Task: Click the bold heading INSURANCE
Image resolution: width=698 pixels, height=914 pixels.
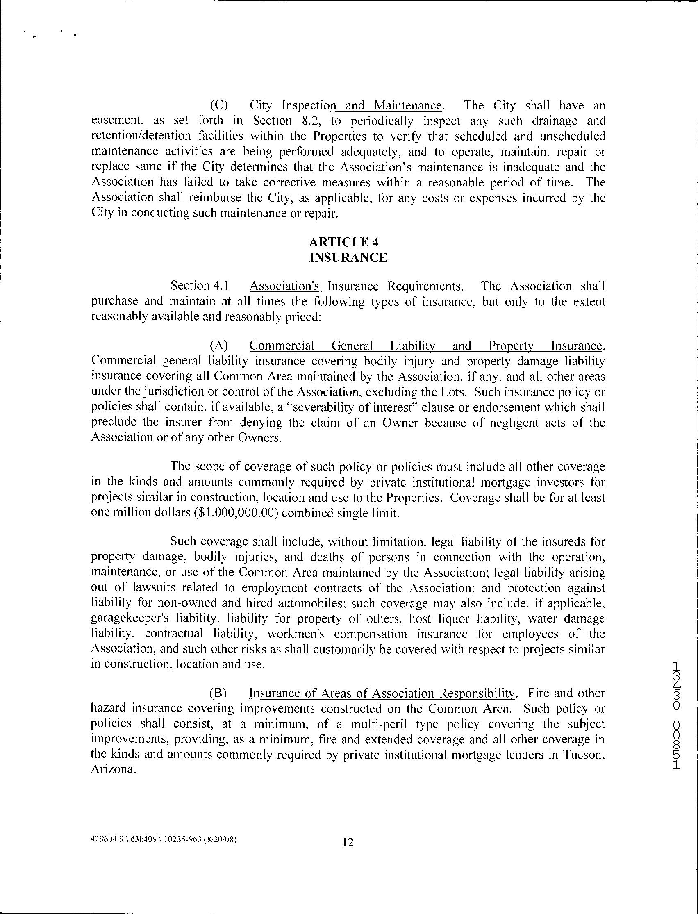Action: [x=348, y=258]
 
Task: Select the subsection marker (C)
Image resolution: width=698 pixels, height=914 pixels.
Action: [x=219, y=105]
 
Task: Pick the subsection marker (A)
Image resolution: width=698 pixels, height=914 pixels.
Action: [x=219, y=346]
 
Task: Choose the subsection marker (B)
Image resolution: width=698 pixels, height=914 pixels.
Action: [x=219, y=693]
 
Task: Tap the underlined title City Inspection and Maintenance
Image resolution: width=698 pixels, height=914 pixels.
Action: [x=346, y=105]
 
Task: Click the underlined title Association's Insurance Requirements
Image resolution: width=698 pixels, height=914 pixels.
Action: [x=355, y=286]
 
